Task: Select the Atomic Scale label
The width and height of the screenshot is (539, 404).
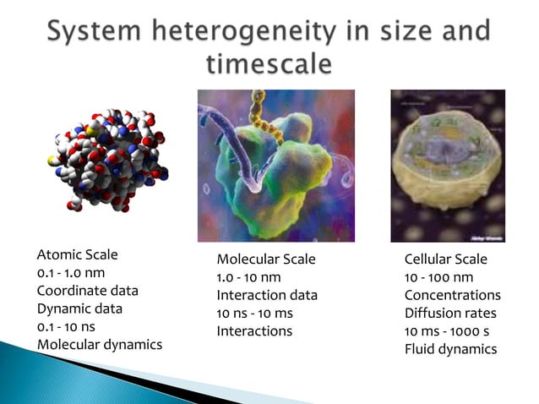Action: (78, 254)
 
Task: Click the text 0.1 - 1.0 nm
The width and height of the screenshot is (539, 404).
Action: (71, 272)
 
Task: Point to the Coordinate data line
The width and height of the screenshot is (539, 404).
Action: (88, 290)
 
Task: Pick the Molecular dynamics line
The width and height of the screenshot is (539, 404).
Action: (100, 344)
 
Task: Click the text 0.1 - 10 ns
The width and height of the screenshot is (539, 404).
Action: (68, 326)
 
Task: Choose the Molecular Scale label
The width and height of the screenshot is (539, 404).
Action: (266, 259)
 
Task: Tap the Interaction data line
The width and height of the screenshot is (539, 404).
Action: (267, 295)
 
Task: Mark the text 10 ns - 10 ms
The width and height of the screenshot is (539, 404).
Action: (254, 313)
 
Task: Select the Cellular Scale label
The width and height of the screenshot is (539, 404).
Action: (446, 259)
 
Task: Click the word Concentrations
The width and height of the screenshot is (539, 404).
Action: (452, 295)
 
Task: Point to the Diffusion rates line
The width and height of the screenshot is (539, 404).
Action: (446, 313)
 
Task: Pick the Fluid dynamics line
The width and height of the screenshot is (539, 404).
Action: (450, 349)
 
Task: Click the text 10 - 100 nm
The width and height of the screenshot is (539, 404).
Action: (438, 277)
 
